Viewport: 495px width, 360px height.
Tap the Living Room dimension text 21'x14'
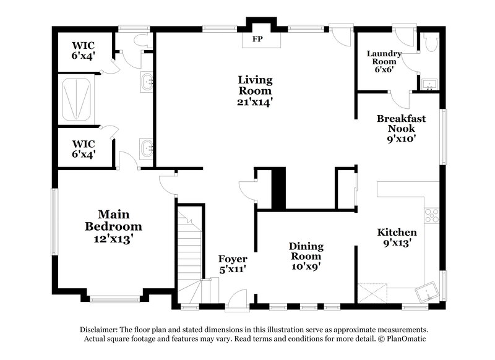point(256,100)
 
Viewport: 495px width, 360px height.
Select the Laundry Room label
point(384,58)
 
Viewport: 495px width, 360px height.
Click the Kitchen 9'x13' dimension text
point(397,243)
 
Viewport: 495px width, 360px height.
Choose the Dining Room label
point(306,251)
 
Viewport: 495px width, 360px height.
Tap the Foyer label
point(233,259)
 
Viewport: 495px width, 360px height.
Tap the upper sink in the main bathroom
point(147,81)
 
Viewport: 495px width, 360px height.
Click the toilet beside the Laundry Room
point(431,41)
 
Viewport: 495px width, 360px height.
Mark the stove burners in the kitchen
point(431,215)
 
